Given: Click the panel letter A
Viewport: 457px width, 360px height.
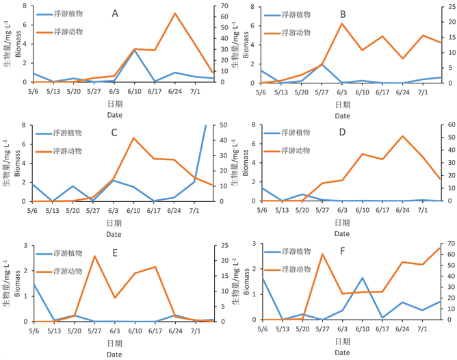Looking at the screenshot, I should click(115, 13).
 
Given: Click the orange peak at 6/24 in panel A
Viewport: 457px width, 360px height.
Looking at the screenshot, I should click(174, 13).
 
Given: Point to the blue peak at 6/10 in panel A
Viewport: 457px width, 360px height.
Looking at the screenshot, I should click(134, 51).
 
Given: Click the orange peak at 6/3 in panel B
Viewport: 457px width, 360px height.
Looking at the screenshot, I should click(342, 23).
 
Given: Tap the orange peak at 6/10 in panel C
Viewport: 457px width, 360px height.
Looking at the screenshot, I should click(134, 138).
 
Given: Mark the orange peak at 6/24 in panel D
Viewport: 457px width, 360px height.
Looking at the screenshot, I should click(403, 136).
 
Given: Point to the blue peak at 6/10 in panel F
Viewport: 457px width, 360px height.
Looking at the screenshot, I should click(363, 278).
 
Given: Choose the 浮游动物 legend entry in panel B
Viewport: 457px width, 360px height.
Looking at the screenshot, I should click(296, 32).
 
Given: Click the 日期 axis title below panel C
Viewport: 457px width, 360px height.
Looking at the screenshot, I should click(114, 223).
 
